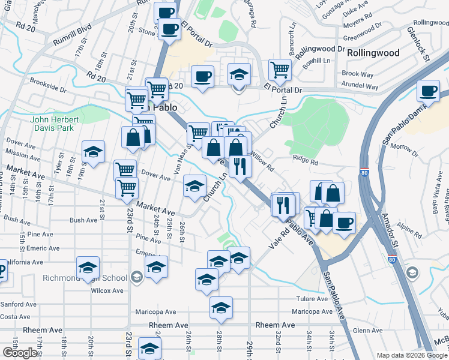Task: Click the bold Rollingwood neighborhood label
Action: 373,53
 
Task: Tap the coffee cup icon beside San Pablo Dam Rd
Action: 429,91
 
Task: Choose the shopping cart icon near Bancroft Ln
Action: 280,70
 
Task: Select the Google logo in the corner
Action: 20,353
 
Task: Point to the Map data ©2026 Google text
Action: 412,355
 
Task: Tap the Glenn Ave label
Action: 368,330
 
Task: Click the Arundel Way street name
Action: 360,87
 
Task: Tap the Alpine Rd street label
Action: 409,229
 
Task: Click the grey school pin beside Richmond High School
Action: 136,277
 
